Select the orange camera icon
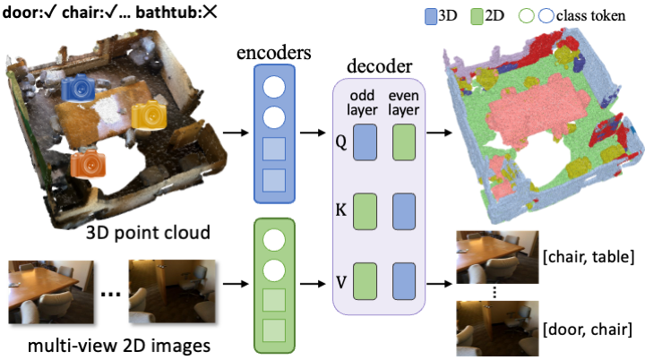tap(88, 163)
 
